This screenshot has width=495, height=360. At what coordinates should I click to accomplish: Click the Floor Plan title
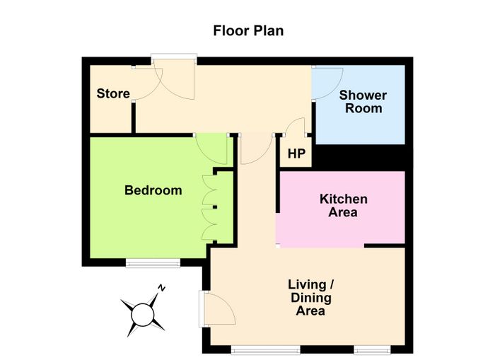pos(248,30)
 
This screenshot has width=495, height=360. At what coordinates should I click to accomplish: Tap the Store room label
pos(113,93)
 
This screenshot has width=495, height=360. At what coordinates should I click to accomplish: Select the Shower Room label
pos(363,101)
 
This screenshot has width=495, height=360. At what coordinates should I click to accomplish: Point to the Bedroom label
pos(153,190)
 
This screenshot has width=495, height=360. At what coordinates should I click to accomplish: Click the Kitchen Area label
pos(344,205)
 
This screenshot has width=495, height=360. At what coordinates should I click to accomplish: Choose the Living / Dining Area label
pos(310,298)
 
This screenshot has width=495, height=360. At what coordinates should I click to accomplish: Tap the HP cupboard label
pos(296,153)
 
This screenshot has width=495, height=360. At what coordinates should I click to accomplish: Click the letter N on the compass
pos(162,288)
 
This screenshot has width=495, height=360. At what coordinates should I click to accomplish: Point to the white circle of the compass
pos(143,315)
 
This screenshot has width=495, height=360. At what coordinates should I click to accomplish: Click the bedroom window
pos(153,262)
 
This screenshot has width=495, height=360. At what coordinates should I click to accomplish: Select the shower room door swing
pos(327,83)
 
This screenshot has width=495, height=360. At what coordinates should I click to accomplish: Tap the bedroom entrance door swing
pos(211,149)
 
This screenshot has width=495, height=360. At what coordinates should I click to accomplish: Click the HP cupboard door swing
pos(295,127)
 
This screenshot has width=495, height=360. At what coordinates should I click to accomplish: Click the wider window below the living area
pos(265,349)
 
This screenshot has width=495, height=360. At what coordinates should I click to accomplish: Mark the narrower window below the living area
pos(372,349)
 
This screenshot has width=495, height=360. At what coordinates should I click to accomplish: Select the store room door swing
pos(147,83)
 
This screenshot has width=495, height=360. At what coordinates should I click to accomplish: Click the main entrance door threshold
pos(174,57)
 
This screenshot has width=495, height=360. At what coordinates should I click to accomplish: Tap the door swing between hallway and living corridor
pos(257,149)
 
